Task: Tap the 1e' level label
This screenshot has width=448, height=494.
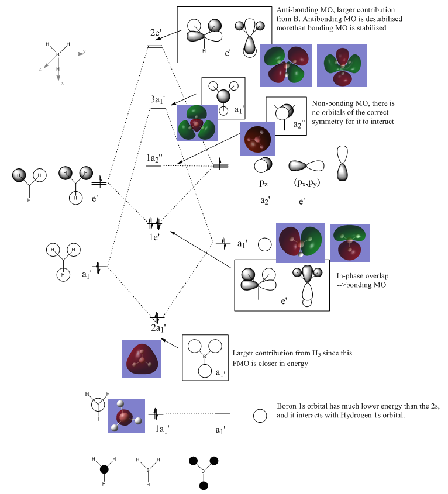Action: [154, 236]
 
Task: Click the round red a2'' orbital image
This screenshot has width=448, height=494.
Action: [257, 138]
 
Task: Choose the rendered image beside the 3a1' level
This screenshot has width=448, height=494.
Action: [197, 123]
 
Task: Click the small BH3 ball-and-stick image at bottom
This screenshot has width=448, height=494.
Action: [126, 420]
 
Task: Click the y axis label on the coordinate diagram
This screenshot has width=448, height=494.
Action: [84, 51]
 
